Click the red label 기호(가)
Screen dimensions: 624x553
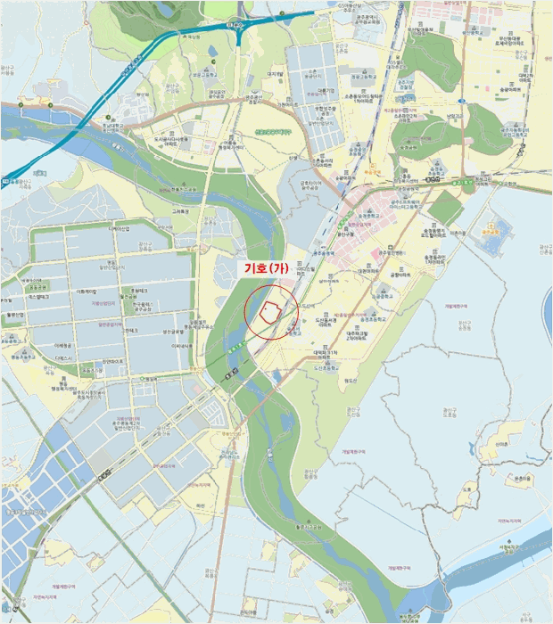273,267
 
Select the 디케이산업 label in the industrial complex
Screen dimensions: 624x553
120,230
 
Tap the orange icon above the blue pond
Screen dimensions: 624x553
488,215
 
